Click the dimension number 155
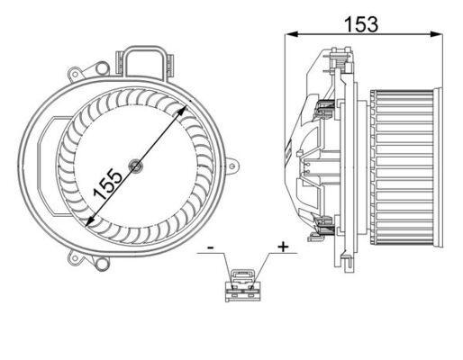click(x=109, y=184)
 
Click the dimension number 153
click(x=360, y=24)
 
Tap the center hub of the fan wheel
click(x=134, y=165)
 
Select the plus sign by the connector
click(x=283, y=245)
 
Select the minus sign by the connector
click(x=209, y=245)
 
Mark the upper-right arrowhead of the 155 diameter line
click(x=185, y=108)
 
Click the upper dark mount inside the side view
click(x=325, y=112)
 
